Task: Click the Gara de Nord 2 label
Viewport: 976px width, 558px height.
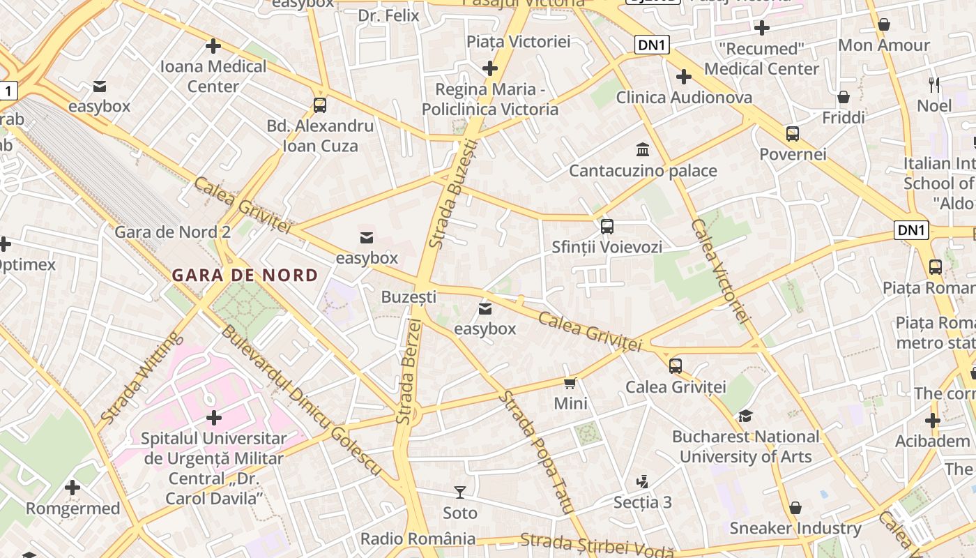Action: (172, 232)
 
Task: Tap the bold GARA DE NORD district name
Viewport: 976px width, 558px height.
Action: (245, 275)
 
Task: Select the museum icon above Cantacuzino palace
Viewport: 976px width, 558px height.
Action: (643, 150)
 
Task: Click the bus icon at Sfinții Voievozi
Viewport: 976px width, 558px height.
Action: (607, 226)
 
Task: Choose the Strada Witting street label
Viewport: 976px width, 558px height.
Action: (142, 378)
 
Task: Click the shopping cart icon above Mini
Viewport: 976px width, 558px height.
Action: (570, 383)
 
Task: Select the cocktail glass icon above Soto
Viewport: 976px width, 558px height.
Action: (460, 492)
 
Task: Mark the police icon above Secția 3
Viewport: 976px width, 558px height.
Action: (643, 481)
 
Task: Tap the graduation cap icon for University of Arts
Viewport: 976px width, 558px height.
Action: (745, 416)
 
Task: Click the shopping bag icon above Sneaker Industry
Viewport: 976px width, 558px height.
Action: (795, 508)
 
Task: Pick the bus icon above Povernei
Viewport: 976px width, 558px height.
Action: (793, 133)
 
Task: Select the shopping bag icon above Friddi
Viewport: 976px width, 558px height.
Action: (844, 97)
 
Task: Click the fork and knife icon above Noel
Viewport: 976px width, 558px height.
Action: (934, 85)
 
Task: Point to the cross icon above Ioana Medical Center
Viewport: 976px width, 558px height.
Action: (213, 46)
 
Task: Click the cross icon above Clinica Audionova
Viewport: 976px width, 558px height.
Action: (684, 77)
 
